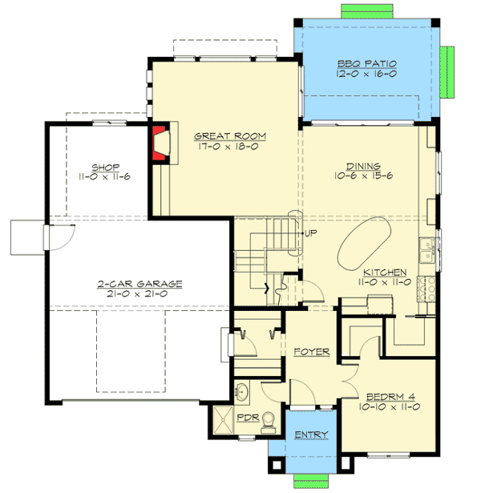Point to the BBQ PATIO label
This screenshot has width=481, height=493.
366,63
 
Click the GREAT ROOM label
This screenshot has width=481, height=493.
229,135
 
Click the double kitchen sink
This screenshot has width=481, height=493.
430,249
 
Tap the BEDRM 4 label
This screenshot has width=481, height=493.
388,397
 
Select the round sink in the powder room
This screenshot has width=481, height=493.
244,392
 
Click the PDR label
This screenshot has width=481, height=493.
246,418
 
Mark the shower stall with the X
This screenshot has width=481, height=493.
220,421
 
